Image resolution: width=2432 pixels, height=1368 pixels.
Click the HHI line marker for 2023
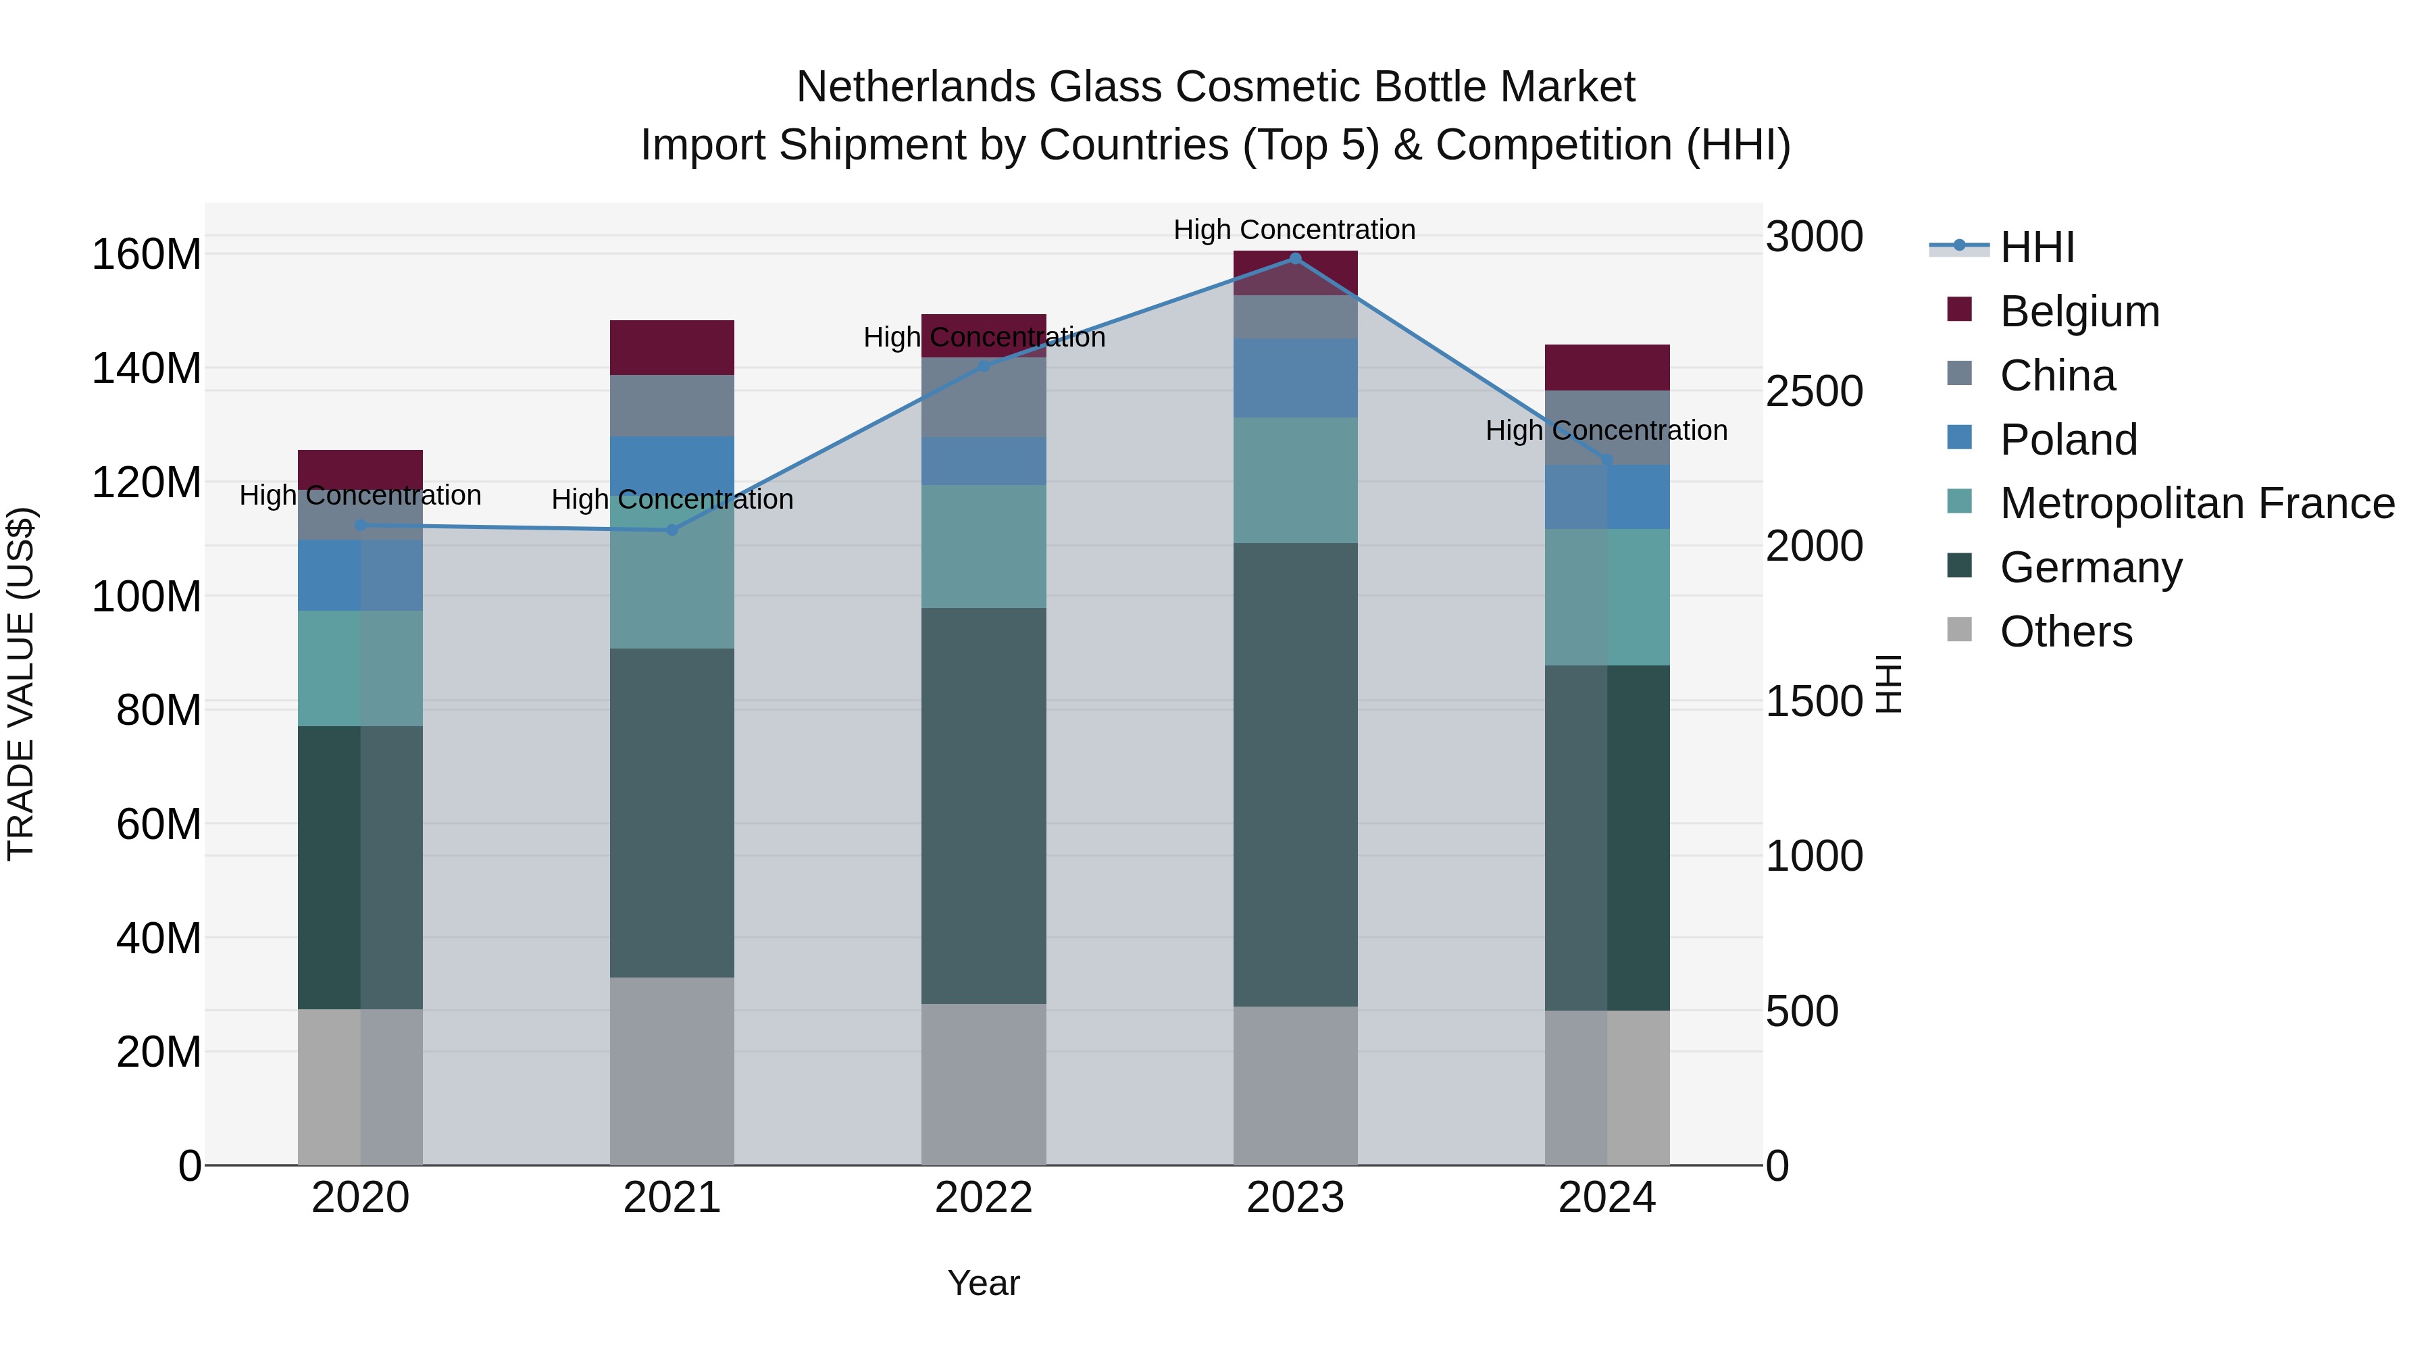pos(1295,259)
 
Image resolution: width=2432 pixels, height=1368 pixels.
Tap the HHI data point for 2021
pos(672,530)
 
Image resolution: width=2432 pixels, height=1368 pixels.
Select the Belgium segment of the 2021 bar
pos(672,347)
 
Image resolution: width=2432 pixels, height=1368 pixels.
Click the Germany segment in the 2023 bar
pos(1295,774)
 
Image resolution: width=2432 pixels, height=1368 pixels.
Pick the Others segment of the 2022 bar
pos(984,1084)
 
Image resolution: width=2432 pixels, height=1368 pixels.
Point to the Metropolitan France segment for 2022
pos(984,547)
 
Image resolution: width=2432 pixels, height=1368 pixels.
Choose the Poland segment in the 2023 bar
pos(1295,378)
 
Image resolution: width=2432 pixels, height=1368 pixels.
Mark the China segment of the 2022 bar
pos(984,397)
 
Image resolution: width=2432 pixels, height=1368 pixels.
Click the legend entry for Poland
pos(2068,440)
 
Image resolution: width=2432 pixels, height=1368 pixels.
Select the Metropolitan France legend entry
pos(2197,504)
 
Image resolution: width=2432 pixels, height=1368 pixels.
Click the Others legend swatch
pos(1960,630)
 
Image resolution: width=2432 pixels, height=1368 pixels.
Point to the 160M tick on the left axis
pos(147,255)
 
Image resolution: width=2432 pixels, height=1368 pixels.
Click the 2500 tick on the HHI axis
pos(1814,392)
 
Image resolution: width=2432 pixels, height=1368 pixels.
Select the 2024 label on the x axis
pos(1607,1198)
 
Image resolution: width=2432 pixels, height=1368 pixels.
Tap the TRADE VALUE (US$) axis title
pos(21,684)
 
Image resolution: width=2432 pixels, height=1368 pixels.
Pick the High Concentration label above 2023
pos(1294,230)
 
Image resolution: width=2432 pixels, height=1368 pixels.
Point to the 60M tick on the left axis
pos(159,824)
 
